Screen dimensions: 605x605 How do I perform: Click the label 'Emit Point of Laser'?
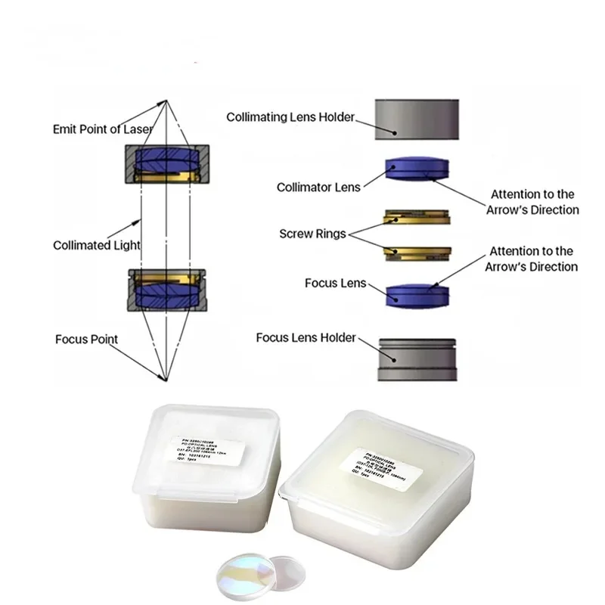102,129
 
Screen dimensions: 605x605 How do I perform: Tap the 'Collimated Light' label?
97,245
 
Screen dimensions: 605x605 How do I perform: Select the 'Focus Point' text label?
86,339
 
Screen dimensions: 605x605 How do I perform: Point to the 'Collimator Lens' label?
318,187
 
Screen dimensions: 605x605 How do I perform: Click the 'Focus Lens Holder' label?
306,337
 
